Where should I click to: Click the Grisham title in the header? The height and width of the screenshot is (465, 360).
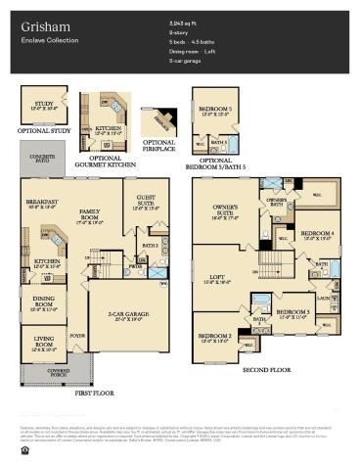click(38, 22)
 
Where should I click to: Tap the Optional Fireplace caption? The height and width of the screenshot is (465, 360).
click(157, 147)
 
